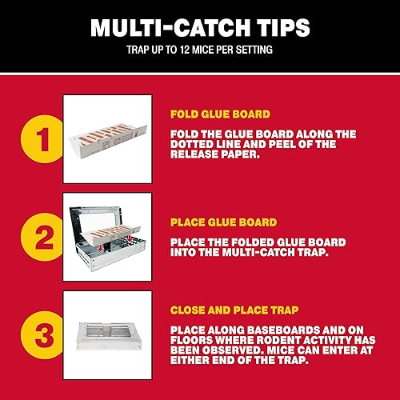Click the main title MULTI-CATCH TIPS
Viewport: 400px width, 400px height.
[199, 27]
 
